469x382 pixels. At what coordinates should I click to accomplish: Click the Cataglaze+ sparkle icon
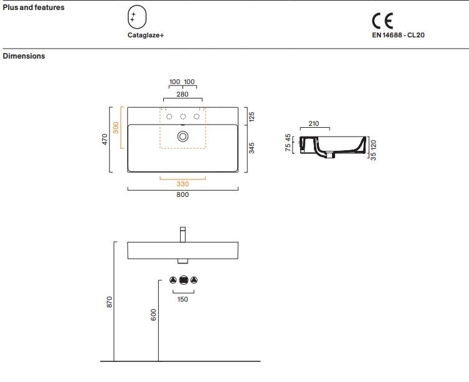click(137, 17)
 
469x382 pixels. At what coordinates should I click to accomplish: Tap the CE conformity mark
click(382, 21)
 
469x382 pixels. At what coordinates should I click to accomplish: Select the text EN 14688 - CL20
click(398, 35)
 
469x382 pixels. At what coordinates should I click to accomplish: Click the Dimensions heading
click(24, 56)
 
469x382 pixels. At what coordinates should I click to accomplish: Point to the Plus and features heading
click(34, 7)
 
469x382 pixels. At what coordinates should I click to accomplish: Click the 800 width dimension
click(182, 194)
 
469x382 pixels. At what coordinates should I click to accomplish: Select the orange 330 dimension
click(182, 184)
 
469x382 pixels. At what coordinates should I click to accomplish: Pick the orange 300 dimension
click(116, 128)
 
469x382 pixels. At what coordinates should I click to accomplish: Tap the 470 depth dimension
click(105, 140)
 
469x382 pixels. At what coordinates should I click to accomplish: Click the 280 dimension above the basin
click(182, 94)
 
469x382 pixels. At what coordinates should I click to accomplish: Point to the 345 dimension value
click(252, 148)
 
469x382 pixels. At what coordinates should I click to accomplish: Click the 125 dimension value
click(252, 117)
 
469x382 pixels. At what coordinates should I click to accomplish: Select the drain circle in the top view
click(182, 136)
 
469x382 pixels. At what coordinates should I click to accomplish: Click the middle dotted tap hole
click(182, 117)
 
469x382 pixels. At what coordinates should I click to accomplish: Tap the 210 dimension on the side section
click(314, 123)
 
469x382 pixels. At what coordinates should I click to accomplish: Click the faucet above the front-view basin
click(182, 234)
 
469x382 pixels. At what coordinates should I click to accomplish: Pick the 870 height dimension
click(110, 302)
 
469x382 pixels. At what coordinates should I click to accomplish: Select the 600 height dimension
click(153, 315)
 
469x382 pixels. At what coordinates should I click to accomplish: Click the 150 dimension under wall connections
click(182, 299)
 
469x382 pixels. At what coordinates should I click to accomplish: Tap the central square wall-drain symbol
click(184, 280)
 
